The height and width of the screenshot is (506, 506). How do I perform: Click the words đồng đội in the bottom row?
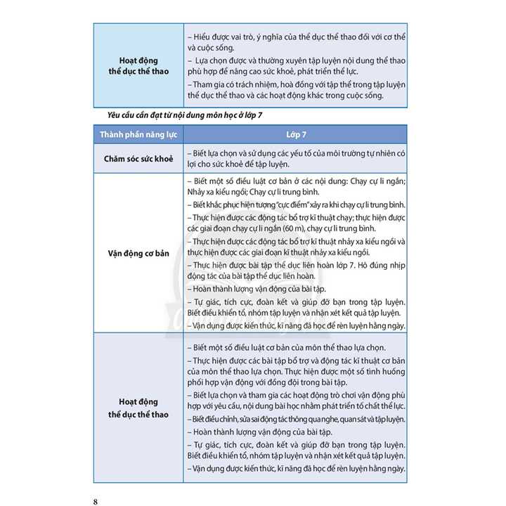(289, 382)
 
